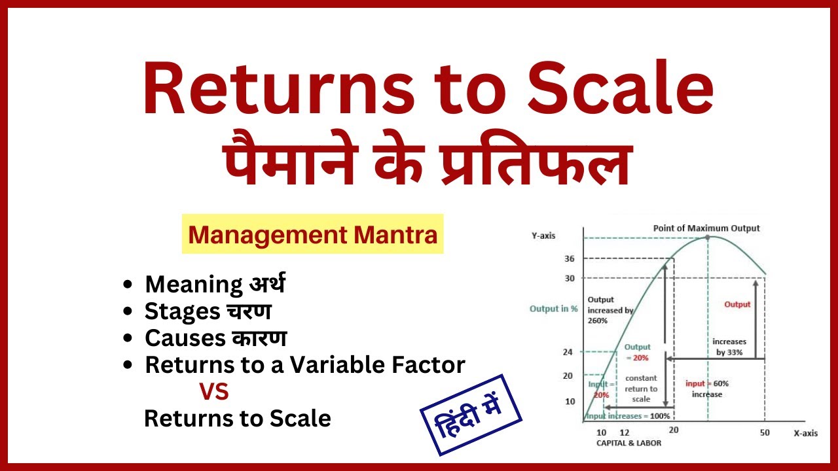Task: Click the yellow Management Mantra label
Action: [312, 234]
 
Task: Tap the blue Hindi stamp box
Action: [471, 415]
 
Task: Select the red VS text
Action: [214, 392]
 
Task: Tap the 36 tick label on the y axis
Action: [569, 259]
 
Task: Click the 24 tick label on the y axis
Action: [568, 352]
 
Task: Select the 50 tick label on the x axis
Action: [765, 433]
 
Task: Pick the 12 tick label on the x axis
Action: [623, 433]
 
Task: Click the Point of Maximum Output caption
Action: [706, 228]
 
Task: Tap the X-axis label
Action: [806, 433]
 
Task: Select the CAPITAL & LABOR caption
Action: [628, 443]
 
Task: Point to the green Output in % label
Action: [553, 309]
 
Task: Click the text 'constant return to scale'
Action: [642, 389]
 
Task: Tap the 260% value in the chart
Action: [598, 321]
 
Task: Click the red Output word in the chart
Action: [737, 304]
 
